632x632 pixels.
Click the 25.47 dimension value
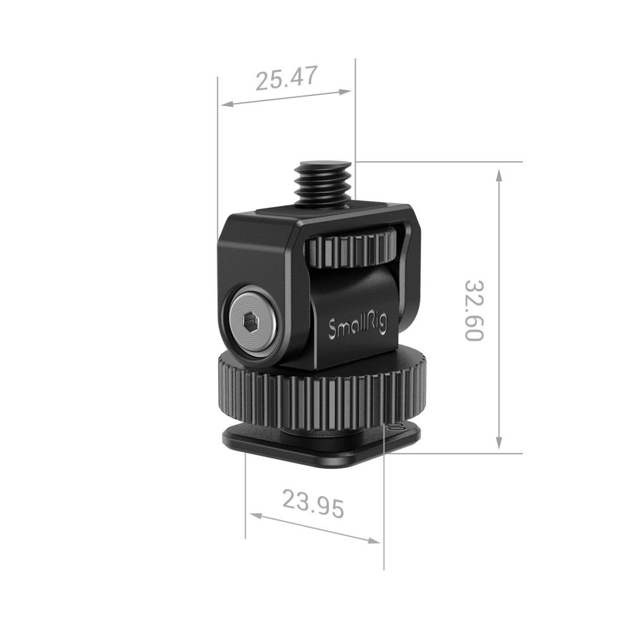tap(285, 79)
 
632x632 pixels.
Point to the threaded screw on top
tap(323, 183)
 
